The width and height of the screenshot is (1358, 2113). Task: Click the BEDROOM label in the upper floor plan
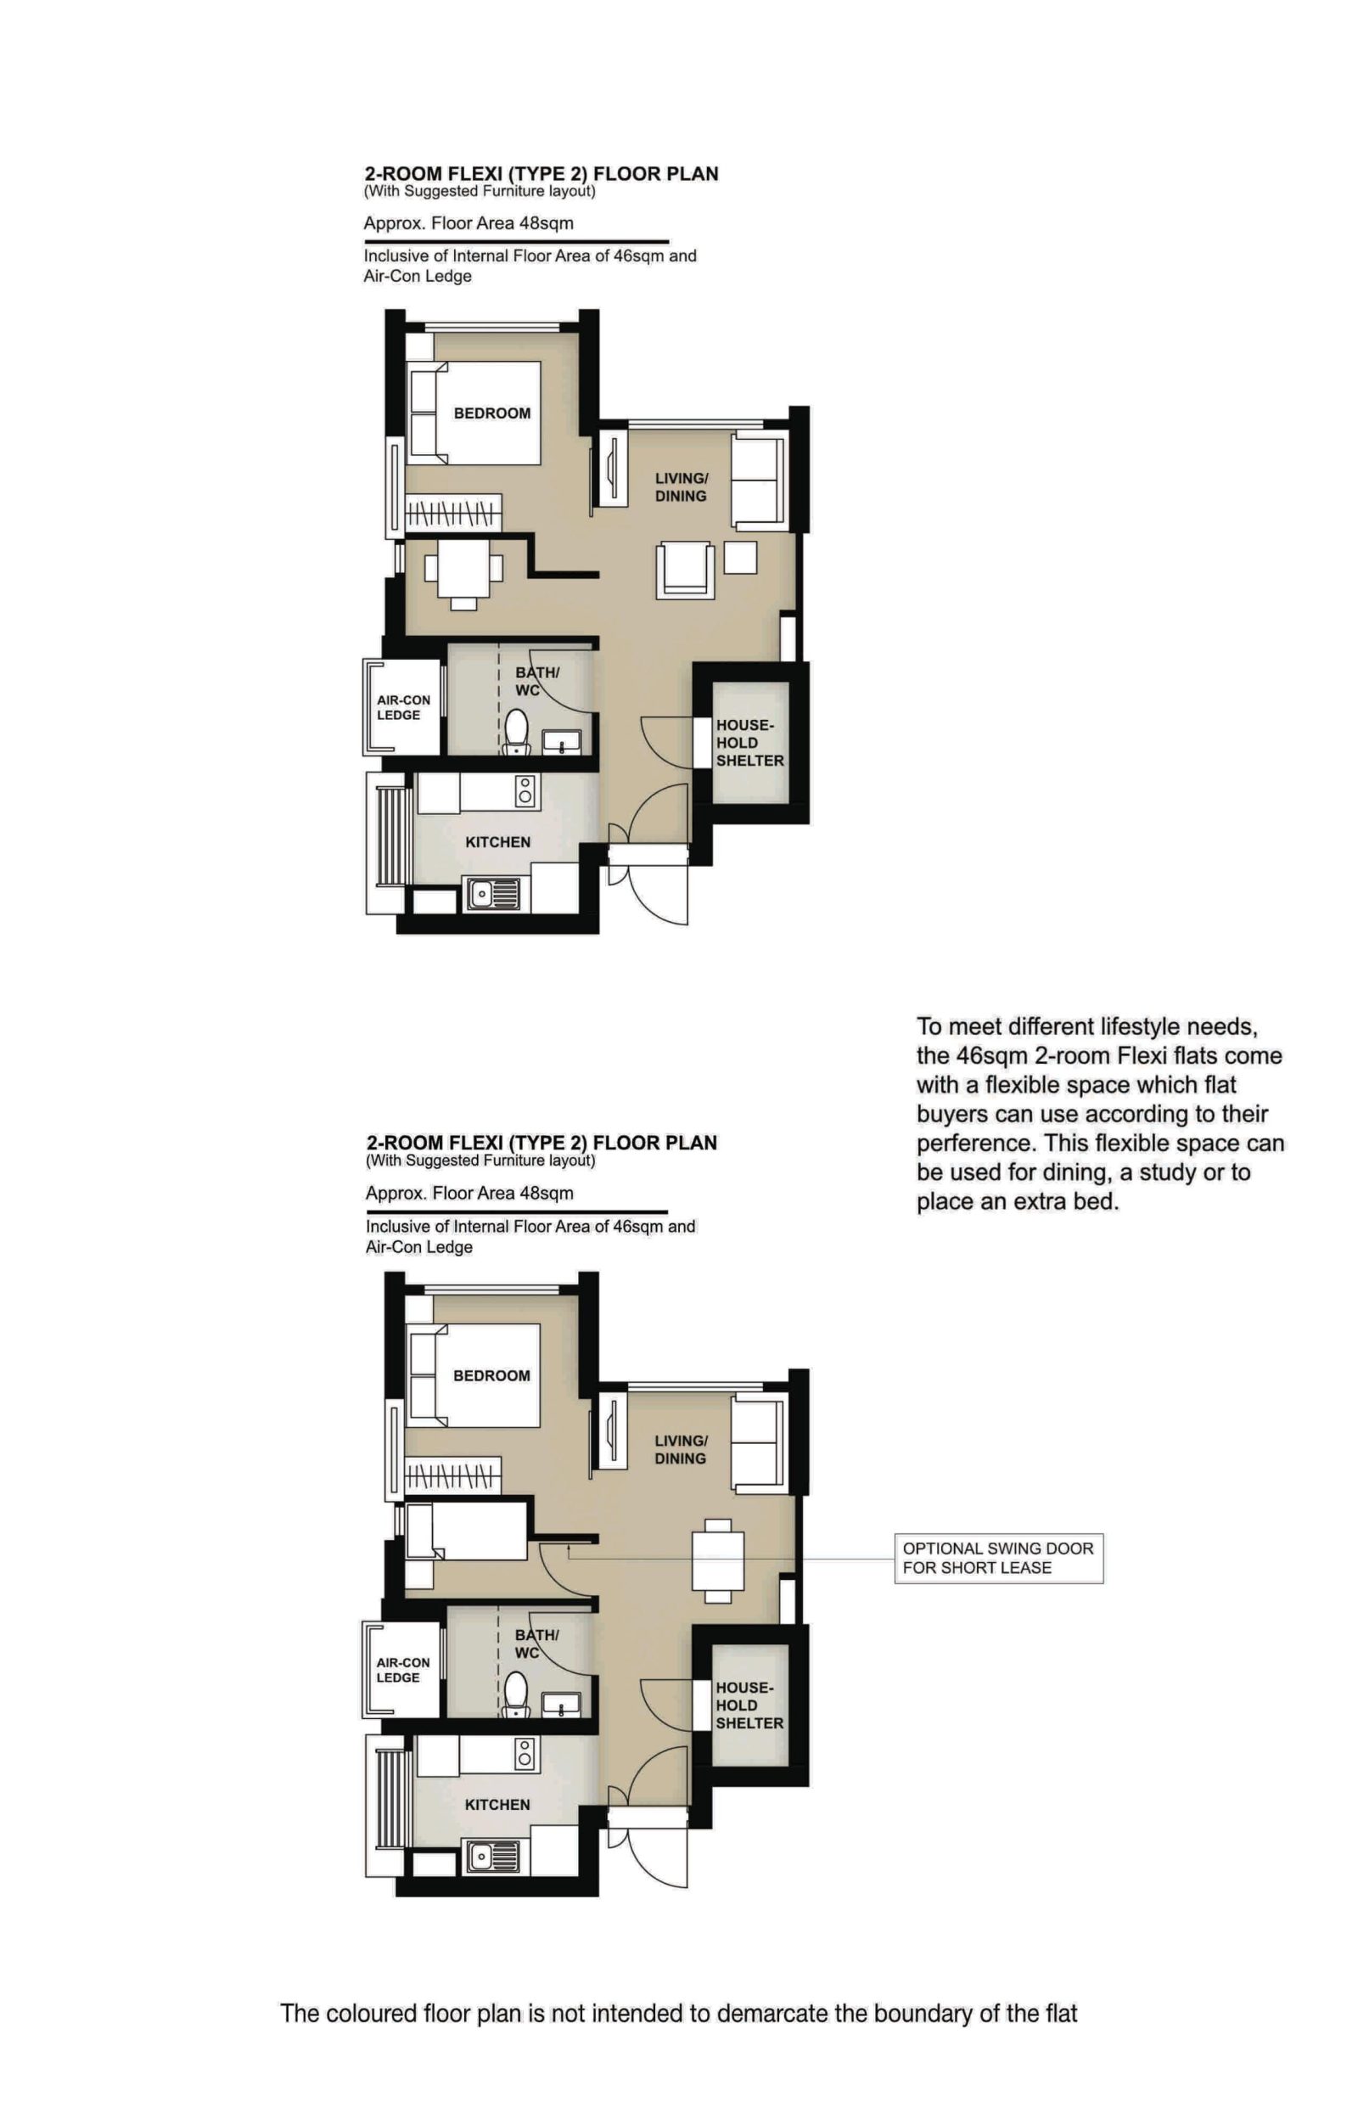[491, 413]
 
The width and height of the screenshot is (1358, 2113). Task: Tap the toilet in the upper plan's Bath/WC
[516, 731]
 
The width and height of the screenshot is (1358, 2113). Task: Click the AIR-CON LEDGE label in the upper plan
[403, 707]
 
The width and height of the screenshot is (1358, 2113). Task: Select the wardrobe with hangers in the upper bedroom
[452, 513]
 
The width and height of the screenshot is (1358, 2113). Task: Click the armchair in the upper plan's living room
[684, 570]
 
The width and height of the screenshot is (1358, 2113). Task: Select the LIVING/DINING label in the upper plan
[681, 486]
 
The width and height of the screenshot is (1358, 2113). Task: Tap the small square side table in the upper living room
[740, 558]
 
